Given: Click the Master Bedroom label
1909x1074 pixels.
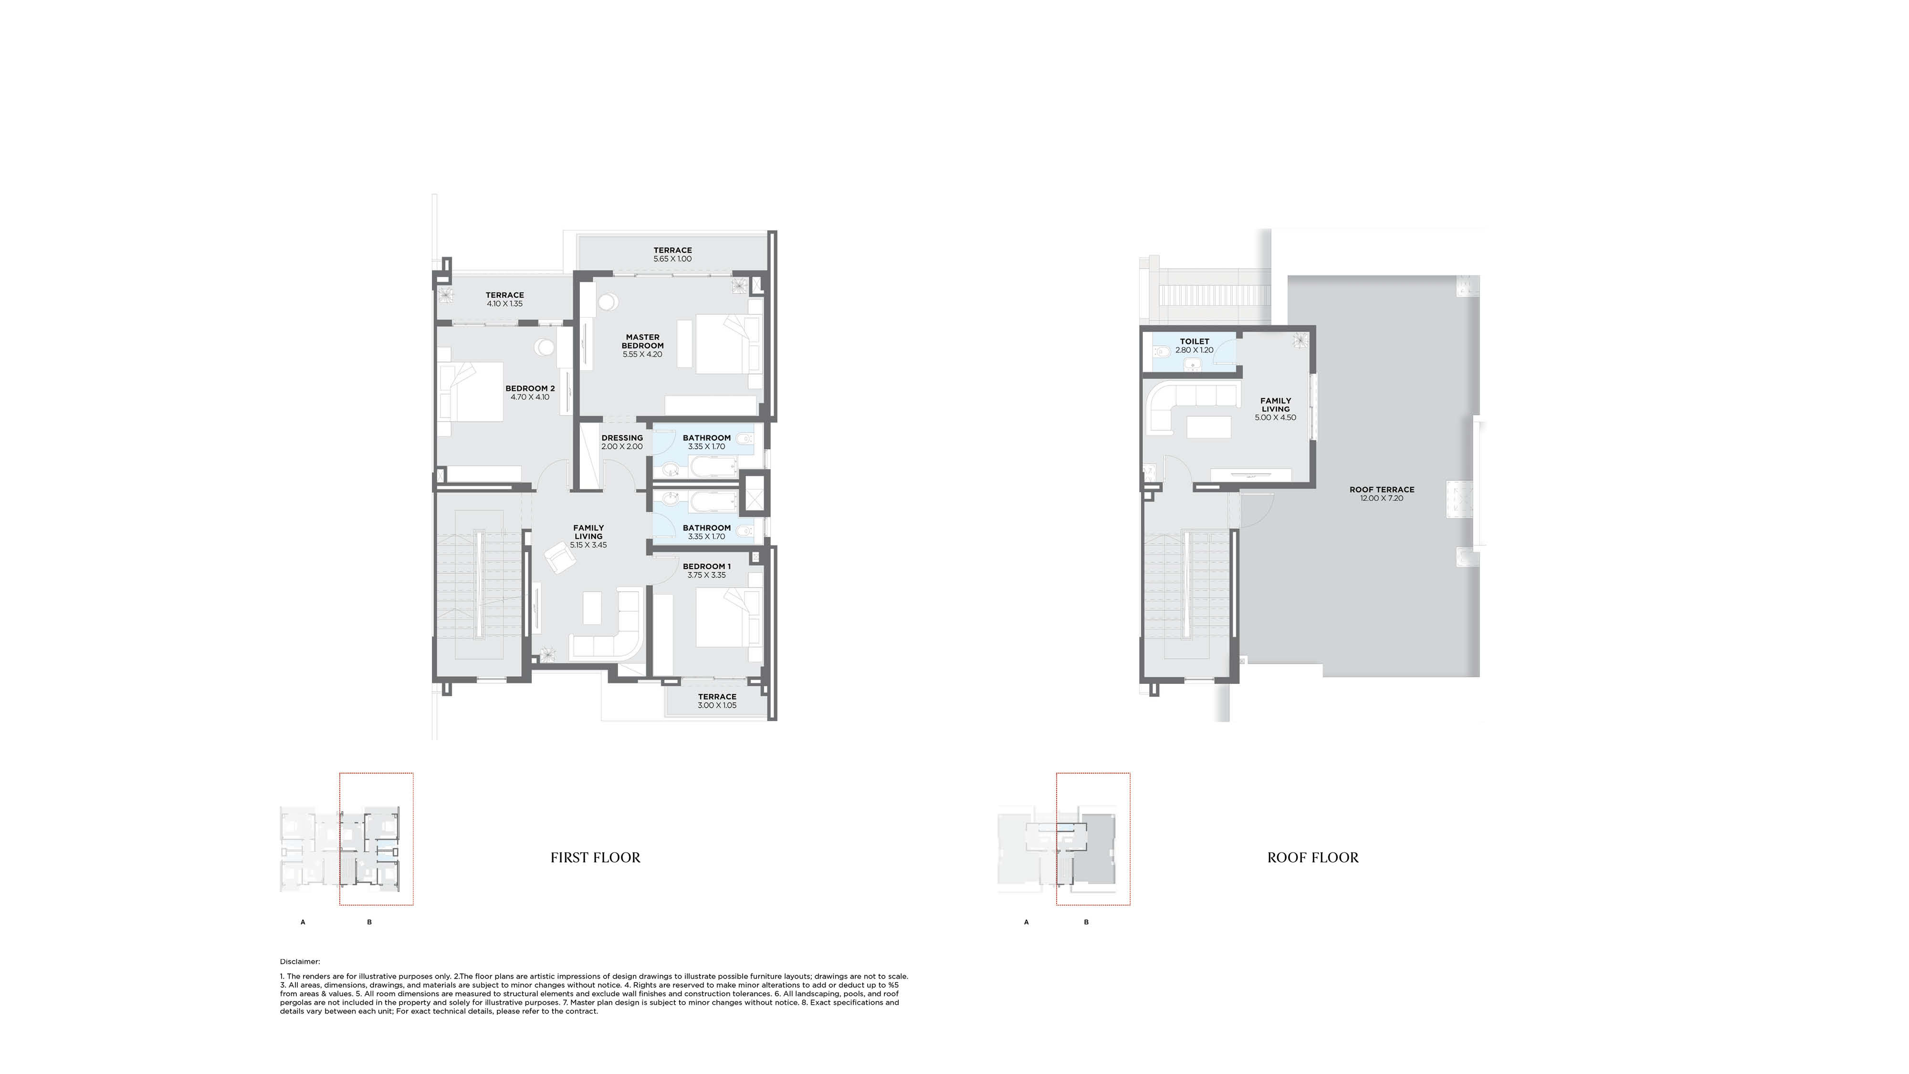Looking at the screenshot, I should [x=642, y=341].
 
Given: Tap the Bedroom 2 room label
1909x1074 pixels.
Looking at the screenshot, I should [x=530, y=388].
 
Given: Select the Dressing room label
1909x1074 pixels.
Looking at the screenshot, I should [x=622, y=438].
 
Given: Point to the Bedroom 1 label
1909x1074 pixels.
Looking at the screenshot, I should [x=706, y=567].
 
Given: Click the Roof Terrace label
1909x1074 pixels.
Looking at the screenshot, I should [x=1381, y=490].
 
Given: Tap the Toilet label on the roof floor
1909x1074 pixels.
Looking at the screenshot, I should [x=1195, y=341].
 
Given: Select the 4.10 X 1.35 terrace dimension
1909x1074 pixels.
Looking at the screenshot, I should [x=504, y=304].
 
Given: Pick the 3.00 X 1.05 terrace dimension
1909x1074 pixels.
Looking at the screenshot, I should [x=717, y=705].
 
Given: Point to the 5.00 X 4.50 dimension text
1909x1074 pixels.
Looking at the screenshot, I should [x=1275, y=418].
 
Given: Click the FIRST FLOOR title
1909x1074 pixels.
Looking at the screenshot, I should [x=595, y=857].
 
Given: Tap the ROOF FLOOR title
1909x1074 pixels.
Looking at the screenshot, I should [x=1312, y=857].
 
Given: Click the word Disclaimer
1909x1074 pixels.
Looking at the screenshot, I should [x=299, y=961].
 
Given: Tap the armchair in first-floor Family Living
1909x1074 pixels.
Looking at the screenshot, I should [x=559, y=556].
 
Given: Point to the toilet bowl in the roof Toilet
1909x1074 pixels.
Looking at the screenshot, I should [x=1161, y=352].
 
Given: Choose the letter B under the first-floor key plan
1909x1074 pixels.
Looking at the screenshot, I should [x=369, y=922].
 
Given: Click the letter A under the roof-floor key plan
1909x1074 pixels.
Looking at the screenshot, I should [x=1027, y=922].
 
